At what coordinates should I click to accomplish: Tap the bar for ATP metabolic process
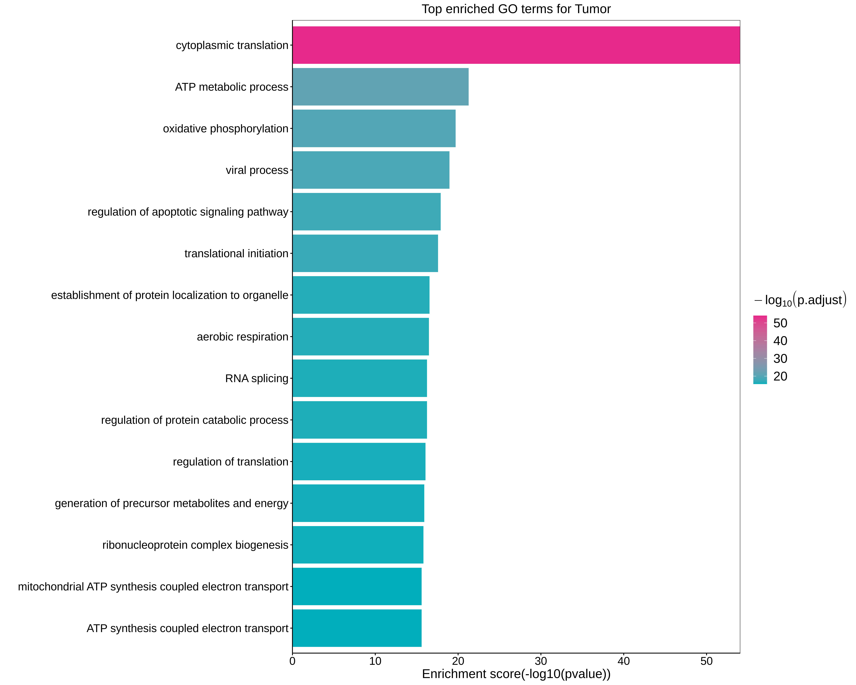[x=380, y=87]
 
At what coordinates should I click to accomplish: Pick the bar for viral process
[x=371, y=170]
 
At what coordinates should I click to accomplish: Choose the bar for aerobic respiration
[x=361, y=337]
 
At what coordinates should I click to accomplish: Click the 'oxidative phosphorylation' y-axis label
[x=226, y=129]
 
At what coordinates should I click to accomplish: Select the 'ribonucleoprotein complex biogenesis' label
[x=195, y=545]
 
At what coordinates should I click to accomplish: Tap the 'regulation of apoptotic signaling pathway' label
[x=188, y=212]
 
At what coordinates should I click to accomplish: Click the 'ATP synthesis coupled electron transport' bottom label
[x=187, y=628]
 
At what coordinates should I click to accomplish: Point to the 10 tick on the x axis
[x=375, y=661]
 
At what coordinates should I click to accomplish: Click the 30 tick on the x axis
[x=541, y=661]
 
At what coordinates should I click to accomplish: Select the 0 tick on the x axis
[x=293, y=661]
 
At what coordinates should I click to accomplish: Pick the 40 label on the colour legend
[x=780, y=341]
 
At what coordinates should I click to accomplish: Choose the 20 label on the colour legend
[x=780, y=376]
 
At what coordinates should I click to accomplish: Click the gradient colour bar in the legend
[x=760, y=349]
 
